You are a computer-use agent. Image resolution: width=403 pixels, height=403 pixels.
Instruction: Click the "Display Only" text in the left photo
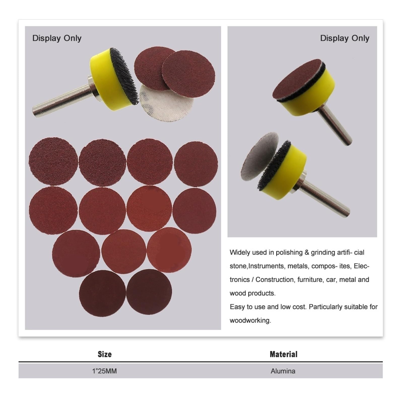(x=57, y=38)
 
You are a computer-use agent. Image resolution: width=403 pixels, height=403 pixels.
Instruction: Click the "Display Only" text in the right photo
(x=345, y=38)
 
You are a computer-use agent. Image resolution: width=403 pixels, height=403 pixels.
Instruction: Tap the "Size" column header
(x=105, y=354)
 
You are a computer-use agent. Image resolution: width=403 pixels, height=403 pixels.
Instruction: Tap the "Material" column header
(x=283, y=354)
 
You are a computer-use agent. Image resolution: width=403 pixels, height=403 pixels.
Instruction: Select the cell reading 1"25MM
(x=104, y=371)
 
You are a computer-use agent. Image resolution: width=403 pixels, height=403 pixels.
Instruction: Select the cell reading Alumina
(x=283, y=371)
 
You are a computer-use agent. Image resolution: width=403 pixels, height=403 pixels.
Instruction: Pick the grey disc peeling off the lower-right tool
(x=259, y=156)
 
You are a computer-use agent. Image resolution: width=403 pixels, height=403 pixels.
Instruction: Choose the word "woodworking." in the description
(x=250, y=320)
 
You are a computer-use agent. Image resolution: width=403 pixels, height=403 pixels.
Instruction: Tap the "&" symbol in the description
(x=307, y=253)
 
